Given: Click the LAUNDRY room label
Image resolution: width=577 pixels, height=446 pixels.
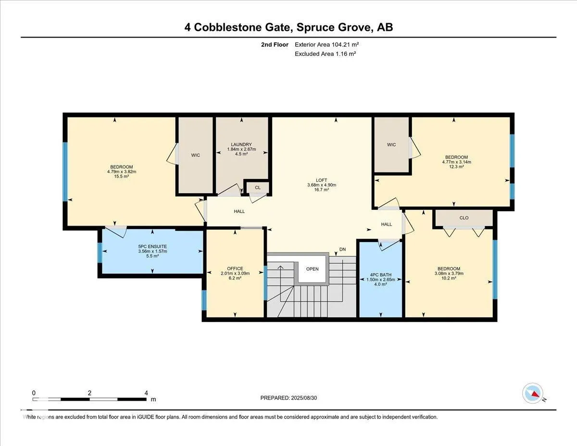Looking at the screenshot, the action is [x=241, y=144].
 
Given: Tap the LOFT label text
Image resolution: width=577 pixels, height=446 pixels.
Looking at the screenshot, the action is [x=321, y=180].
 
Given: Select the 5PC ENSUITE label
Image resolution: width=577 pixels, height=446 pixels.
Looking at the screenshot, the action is [x=152, y=246].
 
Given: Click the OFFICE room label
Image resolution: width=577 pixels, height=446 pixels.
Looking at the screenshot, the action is [x=235, y=268].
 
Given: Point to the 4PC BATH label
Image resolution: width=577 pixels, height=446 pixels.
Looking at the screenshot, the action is [x=380, y=275].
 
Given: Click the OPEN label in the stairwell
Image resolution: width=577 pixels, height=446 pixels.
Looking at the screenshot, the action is [x=312, y=269].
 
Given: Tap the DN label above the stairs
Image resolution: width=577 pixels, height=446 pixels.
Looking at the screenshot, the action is [x=342, y=249].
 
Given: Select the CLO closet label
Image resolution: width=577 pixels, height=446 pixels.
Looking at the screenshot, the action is [x=464, y=218].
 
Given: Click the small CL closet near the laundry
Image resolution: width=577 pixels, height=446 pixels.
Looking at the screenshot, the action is [x=258, y=188].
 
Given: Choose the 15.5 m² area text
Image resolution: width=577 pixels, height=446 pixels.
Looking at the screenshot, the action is [x=122, y=177].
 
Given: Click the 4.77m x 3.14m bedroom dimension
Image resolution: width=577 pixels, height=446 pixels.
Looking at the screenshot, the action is [x=456, y=162].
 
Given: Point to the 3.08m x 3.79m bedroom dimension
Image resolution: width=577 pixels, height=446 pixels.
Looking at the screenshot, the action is [x=449, y=274].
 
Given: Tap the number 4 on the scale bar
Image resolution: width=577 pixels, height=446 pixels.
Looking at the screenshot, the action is [x=146, y=393].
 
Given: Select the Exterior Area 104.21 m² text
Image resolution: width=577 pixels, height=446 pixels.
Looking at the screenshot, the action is [x=327, y=45].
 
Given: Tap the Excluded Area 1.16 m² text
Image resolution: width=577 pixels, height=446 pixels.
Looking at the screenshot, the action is [x=325, y=54].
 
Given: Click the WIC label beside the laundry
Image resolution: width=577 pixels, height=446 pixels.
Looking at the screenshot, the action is [x=195, y=155].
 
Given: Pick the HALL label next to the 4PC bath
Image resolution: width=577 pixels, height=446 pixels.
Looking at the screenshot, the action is [x=386, y=224].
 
